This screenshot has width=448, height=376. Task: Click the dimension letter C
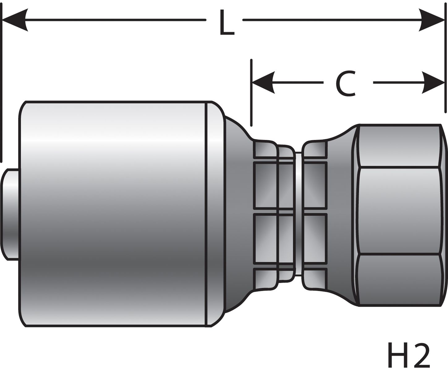click(346, 83)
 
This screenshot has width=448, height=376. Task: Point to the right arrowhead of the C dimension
click(433, 83)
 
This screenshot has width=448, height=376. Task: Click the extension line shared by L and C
click(446, 62)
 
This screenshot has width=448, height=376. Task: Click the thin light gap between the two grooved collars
click(298, 213)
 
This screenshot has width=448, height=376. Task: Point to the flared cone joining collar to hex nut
click(340, 213)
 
